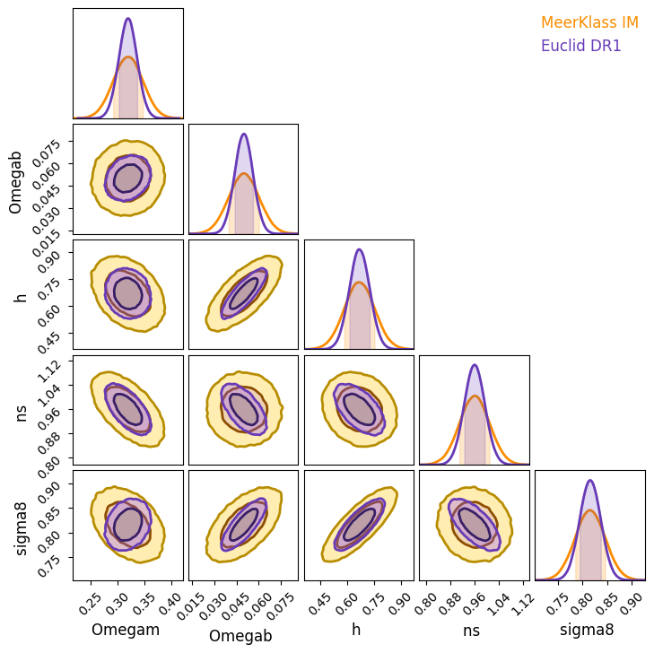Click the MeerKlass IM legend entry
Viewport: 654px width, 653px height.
[589, 22]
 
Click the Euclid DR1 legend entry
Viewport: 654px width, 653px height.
[580, 46]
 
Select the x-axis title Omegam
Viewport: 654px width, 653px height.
[127, 630]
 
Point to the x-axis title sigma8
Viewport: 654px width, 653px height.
[587, 630]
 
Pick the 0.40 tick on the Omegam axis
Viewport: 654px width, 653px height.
[169, 601]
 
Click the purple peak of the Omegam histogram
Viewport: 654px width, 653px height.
[128, 19]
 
